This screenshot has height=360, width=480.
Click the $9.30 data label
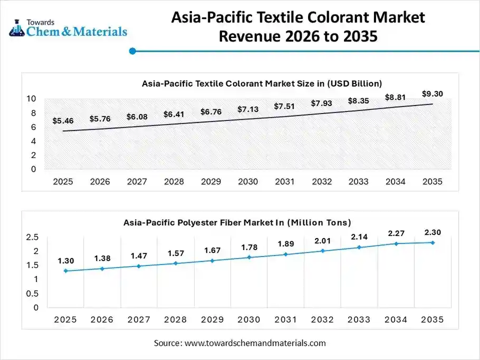pyautogui.click(x=433, y=94)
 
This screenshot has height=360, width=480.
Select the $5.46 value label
pyautogui.click(x=63, y=121)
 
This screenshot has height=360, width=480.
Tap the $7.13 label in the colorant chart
pyautogui.click(x=248, y=109)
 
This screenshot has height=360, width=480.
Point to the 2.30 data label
pyautogui.click(x=433, y=232)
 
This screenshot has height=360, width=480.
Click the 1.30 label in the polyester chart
pyautogui.click(x=66, y=261)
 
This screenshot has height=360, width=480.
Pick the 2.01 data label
pyautogui.click(x=322, y=241)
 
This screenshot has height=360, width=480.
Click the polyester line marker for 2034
pyautogui.click(x=396, y=243)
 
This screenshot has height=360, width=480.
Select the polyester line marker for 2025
pyautogui.click(x=65, y=271)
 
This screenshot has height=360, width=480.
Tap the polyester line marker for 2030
pyautogui.click(x=249, y=257)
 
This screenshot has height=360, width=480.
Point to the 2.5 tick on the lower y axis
pyautogui.click(x=32, y=237)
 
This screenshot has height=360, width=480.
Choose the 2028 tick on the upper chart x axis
pyautogui.click(x=174, y=182)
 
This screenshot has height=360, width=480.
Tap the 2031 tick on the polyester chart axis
pyautogui.click(x=285, y=320)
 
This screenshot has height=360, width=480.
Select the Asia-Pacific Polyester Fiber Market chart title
pyautogui.click(x=237, y=223)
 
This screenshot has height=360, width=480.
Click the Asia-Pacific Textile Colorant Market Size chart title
pyautogui.click(x=262, y=83)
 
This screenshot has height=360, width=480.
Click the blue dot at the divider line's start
pyautogui.click(x=133, y=51)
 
